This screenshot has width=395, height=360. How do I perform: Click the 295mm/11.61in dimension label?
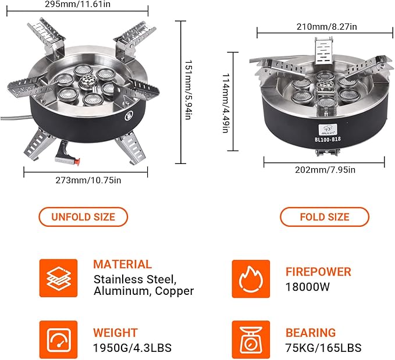coord(77,4)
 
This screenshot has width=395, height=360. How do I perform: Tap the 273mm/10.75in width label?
coord(88,180)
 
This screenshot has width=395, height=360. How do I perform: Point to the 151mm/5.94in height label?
coord(188,90)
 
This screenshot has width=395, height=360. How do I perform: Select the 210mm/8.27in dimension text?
coord(326,27)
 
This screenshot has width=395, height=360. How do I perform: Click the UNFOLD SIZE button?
coord(83,217)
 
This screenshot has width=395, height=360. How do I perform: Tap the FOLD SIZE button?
coord(325,217)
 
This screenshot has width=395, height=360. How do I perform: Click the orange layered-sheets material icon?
coord(58,278)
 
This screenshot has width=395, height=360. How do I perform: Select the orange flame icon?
coord(251,279)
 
